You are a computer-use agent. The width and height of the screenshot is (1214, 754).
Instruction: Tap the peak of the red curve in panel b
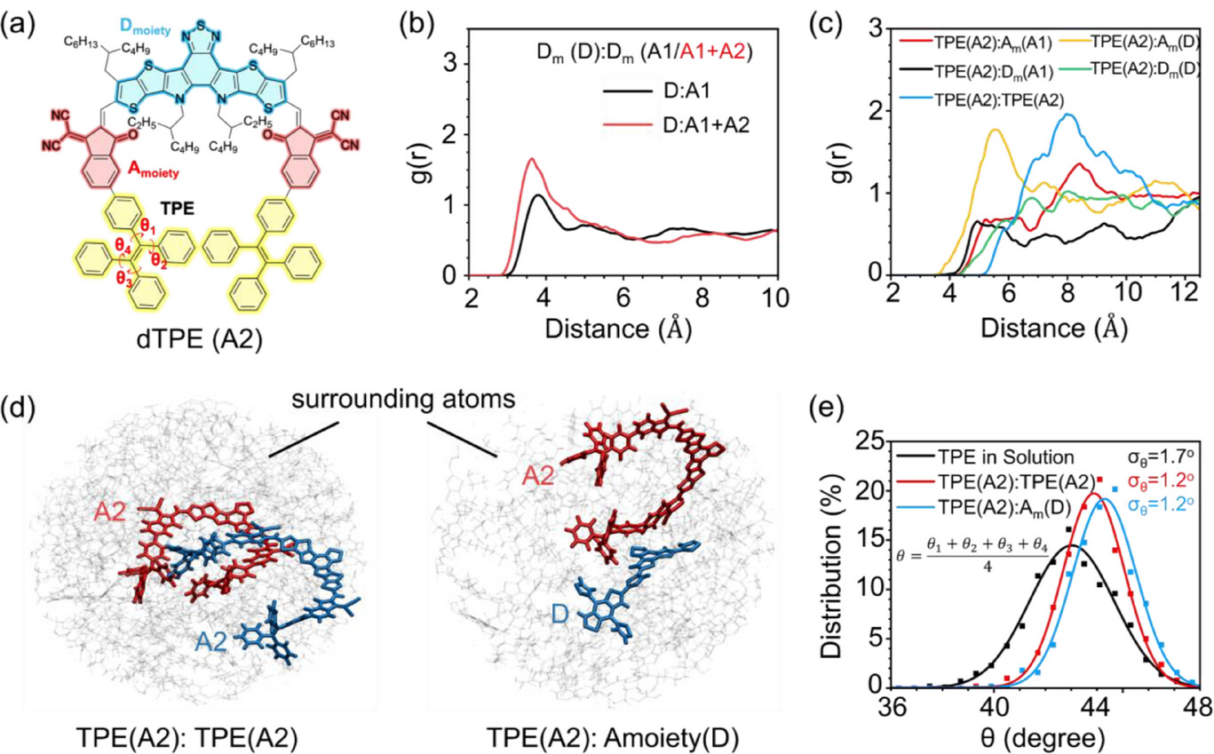point(531,160)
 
